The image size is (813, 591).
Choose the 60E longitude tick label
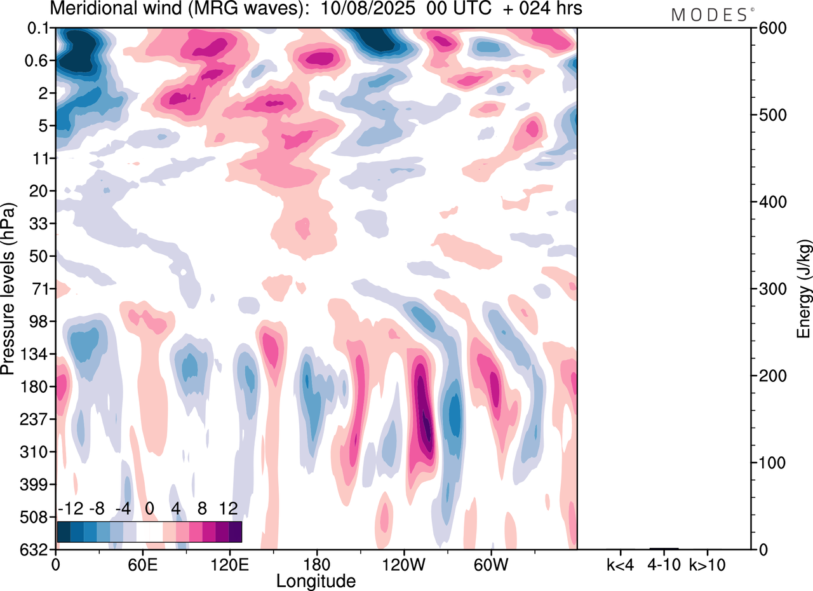point(142,564)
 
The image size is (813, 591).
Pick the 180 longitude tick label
point(317,564)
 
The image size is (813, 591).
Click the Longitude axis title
point(316,580)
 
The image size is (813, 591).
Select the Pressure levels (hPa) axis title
point(9,289)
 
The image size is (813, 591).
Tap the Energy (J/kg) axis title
point(804,289)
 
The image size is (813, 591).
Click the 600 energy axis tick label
point(771,29)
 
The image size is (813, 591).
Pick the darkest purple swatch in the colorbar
point(235,531)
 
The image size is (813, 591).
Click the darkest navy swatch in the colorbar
point(64,531)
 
